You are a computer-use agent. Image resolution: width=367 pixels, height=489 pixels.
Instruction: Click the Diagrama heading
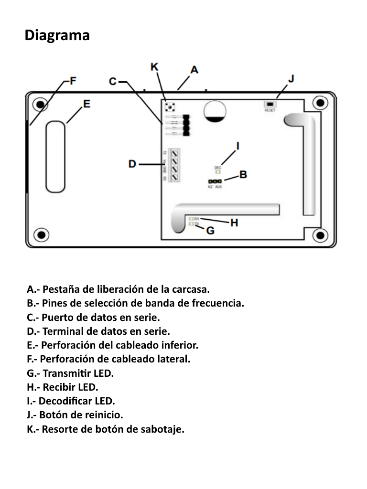(57, 36)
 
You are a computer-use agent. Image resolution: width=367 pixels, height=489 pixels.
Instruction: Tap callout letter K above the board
(154, 67)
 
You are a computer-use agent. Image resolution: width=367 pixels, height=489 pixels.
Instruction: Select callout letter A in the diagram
(194, 70)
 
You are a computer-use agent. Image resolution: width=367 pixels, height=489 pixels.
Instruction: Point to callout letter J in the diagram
(291, 78)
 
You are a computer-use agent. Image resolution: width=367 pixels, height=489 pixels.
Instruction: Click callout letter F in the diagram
(73, 81)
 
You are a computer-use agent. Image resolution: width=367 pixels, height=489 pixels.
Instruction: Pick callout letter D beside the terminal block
(132, 164)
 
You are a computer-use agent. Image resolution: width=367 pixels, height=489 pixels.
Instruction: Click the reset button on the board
(270, 104)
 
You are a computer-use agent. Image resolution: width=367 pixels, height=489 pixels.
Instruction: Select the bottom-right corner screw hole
(319, 234)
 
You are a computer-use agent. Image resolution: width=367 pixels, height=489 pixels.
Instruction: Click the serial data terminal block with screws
(175, 165)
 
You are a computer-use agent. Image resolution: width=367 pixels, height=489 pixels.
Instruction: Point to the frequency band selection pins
(215, 181)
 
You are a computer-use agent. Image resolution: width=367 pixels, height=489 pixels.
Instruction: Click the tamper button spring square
(169, 106)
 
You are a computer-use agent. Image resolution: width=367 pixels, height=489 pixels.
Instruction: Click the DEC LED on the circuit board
(218, 171)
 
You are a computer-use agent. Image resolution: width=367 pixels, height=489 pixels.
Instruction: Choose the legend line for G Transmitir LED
(70, 373)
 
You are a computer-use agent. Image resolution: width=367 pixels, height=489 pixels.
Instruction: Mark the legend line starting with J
(75, 415)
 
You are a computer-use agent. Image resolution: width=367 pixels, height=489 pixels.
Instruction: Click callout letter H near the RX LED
(234, 222)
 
